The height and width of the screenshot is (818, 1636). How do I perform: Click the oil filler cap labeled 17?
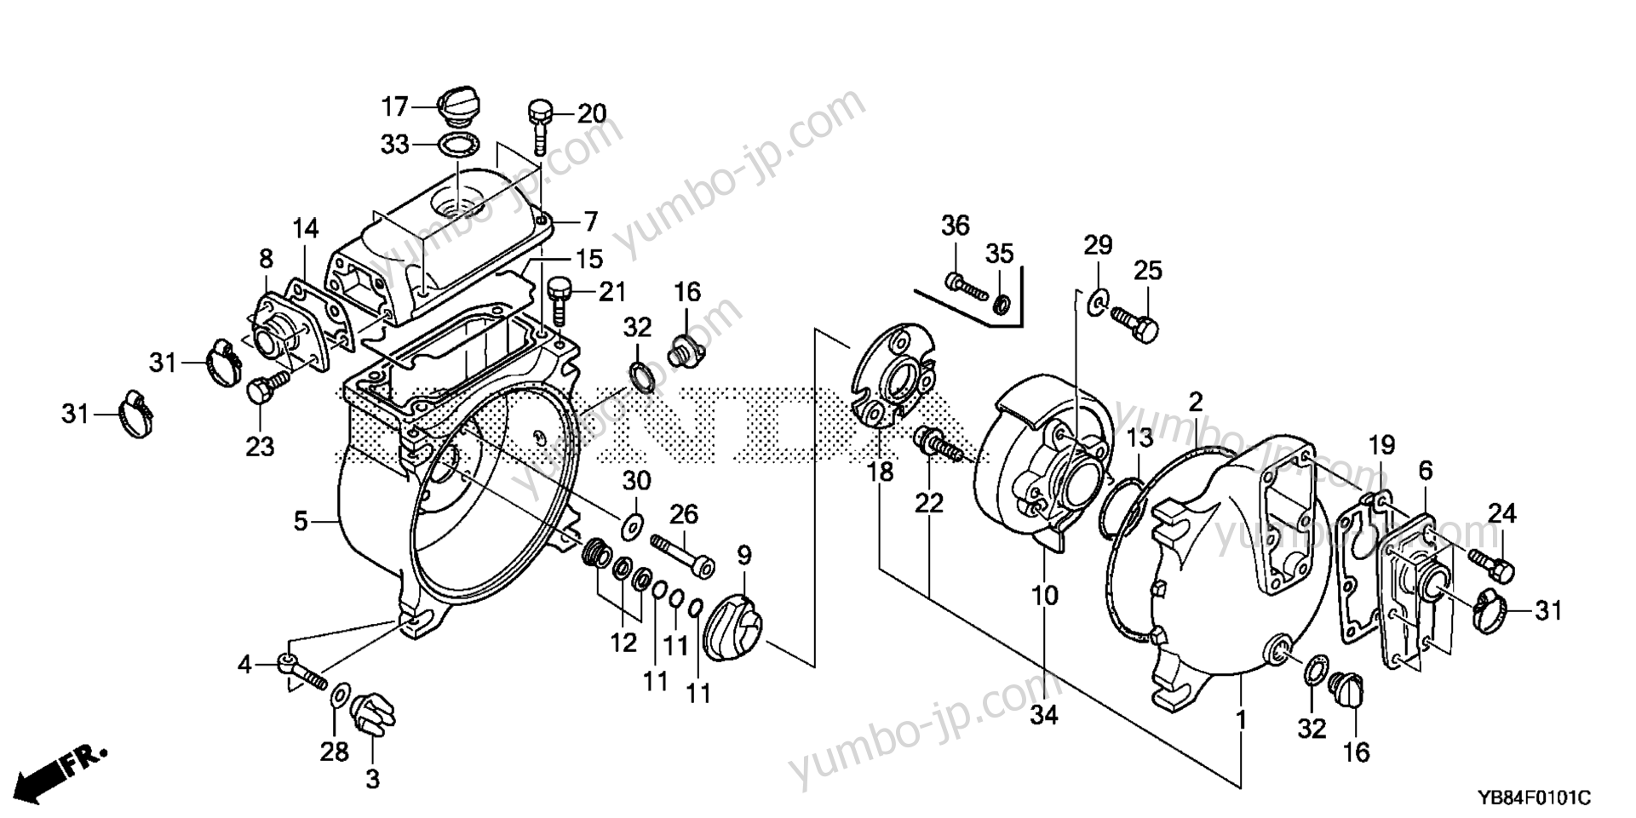(x=458, y=108)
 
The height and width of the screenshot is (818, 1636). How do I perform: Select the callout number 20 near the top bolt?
(x=593, y=113)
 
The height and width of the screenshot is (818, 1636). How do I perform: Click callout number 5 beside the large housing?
(x=301, y=520)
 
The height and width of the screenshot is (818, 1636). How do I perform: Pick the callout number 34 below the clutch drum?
(x=1044, y=715)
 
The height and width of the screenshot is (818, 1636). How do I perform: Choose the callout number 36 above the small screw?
(x=955, y=226)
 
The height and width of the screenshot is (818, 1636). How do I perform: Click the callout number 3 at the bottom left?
(x=373, y=779)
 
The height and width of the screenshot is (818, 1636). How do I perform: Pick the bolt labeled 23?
(x=260, y=395)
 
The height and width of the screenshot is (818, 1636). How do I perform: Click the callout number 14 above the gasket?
(x=306, y=228)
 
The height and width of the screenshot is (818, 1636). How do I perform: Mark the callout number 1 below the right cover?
(x=1241, y=720)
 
